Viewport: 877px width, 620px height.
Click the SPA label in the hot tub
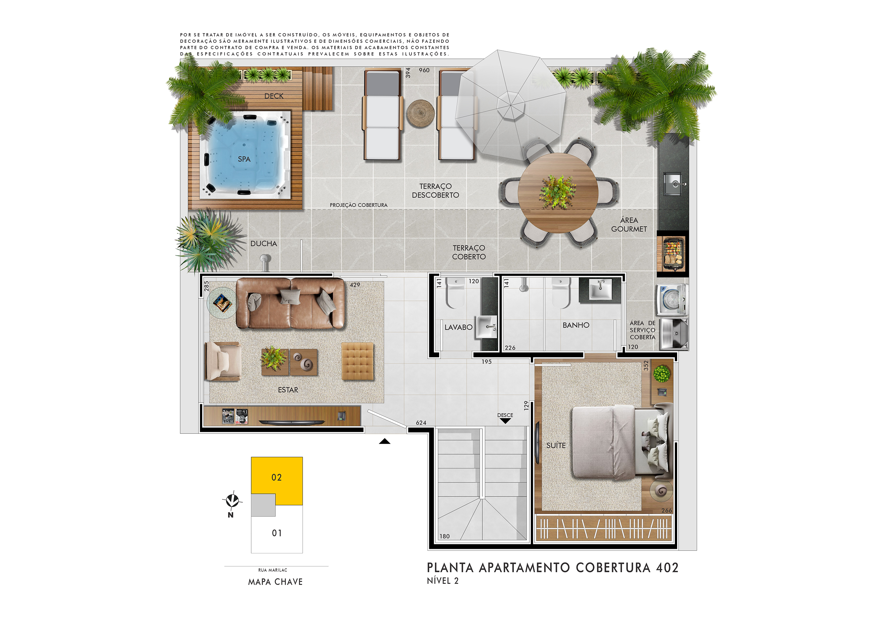coord(244,159)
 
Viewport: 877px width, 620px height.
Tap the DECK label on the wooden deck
coord(274,96)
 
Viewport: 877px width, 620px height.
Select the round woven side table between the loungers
coord(420,113)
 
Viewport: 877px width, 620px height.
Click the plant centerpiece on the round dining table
coord(558,192)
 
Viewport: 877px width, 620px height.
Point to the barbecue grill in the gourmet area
coord(673,254)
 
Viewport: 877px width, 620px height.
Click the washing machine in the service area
coord(672,300)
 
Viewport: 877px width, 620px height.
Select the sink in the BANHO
coord(601,289)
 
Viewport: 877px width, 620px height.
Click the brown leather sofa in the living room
coord(291,303)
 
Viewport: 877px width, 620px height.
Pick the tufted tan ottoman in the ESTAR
coord(357,361)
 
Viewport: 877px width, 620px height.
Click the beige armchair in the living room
coord(223,361)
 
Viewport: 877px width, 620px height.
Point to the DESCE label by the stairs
coord(505,415)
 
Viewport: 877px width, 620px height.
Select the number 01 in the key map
coord(277,533)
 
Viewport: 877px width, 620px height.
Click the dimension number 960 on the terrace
coord(424,70)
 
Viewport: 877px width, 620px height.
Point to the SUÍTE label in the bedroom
coord(556,445)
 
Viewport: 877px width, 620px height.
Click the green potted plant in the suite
coord(662,373)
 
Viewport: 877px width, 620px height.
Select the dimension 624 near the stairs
coord(421,423)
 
